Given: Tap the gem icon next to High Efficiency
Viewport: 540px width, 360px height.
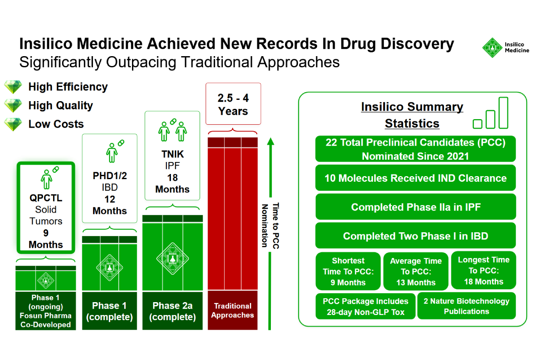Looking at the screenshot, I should [13, 87].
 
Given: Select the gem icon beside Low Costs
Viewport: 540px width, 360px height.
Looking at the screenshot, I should [13, 124].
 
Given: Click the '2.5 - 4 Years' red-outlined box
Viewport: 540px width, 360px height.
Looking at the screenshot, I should [233, 104].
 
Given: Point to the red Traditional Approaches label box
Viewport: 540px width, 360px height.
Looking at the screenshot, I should [233, 310].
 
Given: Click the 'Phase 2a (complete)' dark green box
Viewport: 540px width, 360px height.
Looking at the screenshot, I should [172, 311].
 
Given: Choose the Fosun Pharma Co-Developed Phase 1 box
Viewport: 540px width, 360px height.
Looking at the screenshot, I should [45, 311].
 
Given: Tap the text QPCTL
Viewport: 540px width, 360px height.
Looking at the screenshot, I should [46, 198].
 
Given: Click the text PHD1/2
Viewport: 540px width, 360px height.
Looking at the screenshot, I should [110, 176].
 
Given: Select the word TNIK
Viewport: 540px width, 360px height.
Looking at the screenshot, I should [172, 155].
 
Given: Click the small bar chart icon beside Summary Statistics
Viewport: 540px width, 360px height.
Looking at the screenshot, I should [491, 114].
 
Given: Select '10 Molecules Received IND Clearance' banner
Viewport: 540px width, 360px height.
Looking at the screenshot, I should [415, 178].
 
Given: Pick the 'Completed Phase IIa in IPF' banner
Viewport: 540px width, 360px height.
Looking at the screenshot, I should [415, 207].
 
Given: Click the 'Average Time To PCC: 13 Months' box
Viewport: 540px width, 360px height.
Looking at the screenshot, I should [415, 272].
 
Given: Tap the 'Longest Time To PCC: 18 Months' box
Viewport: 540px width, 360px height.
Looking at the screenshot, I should [483, 270].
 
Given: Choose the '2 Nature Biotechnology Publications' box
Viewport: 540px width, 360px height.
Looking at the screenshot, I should [466, 306].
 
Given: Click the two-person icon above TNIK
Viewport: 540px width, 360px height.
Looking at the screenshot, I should [172, 129].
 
